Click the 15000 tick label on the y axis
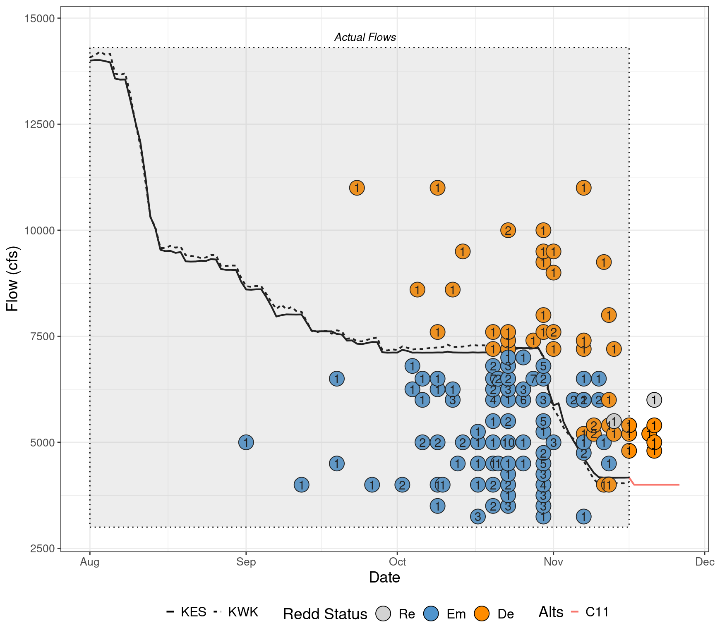click(37, 18)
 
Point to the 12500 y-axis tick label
click(37, 124)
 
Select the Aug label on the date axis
click(90, 562)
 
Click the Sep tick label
click(246, 562)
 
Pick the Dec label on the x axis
click(705, 562)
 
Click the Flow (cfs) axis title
click(12, 279)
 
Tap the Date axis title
click(384, 578)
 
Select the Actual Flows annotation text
click(365, 37)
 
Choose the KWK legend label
click(243, 612)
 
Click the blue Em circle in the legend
click(431, 614)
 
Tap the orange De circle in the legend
click(482, 614)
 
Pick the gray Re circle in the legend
click(383, 614)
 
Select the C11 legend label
click(597, 612)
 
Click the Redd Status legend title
click(325, 614)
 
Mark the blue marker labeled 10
click(508, 442)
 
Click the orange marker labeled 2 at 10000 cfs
click(508, 230)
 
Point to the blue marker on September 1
click(246, 442)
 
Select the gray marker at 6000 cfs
click(654, 400)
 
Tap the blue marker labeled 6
click(523, 400)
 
